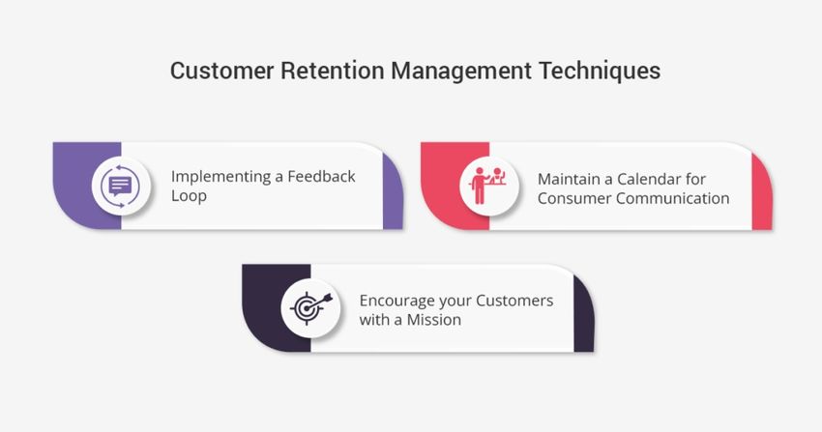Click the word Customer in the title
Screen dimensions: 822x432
coord(221,71)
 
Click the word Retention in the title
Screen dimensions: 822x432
coord(333,71)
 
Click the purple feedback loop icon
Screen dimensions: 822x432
coord(120,186)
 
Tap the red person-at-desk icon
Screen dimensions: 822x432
coord(488,186)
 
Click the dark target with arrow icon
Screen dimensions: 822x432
coord(310,308)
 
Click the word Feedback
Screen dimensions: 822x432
coord(321,176)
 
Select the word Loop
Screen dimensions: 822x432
coord(189,196)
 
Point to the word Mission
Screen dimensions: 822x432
coord(434,320)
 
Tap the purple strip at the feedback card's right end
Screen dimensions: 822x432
coord(392,191)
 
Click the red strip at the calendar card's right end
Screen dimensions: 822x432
coord(762,191)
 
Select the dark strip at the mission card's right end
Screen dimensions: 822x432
coord(583,314)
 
